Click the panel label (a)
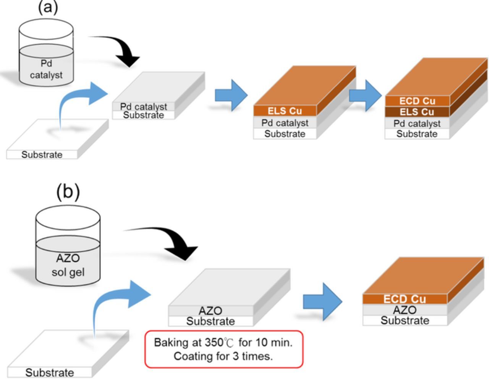(x=48, y=7)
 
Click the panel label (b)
(x=68, y=192)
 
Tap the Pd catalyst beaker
(x=46, y=53)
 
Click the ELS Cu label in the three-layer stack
(x=285, y=111)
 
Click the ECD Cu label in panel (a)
(x=417, y=101)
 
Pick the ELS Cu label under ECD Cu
(x=417, y=112)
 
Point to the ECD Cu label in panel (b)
(x=404, y=299)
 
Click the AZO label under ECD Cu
(x=404, y=310)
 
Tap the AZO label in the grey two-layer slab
(x=210, y=311)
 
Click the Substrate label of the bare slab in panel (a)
(x=42, y=155)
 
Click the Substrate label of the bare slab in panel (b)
(x=50, y=372)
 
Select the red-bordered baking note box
(x=223, y=349)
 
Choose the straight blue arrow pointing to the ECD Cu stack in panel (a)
(x=366, y=95)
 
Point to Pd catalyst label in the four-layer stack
(x=417, y=124)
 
